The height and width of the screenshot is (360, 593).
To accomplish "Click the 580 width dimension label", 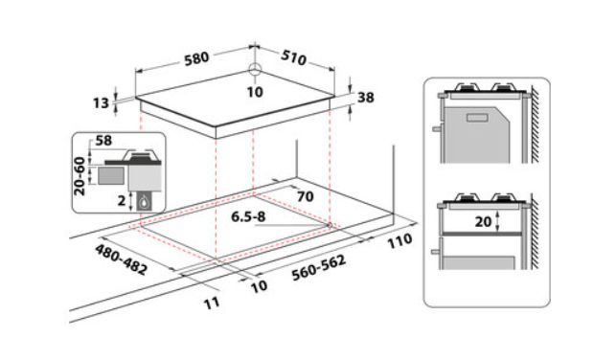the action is click(196, 58).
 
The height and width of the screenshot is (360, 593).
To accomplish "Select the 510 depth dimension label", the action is click(294, 57).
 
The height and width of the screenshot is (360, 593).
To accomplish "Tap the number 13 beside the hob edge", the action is click(101, 102).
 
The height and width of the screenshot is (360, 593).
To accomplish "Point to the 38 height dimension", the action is click(366, 98).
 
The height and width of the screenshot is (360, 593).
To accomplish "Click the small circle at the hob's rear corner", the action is click(255, 69).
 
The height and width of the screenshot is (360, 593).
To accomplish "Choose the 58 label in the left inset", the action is click(103, 141).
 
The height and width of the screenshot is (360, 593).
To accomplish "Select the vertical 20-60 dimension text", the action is click(80, 176).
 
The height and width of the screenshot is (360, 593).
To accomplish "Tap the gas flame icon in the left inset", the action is click(144, 202).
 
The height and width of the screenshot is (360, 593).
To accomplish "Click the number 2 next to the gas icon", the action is click(121, 200).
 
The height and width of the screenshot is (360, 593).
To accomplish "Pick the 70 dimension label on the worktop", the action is click(306, 196).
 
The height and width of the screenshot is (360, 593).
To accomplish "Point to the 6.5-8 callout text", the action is click(248, 216).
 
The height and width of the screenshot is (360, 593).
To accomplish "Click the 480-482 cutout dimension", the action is click(121, 259).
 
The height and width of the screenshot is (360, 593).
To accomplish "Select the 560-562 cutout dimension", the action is click(319, 268).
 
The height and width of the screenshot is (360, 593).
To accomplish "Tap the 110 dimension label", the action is click(399, 241).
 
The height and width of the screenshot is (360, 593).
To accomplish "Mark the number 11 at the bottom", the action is click(212, 303).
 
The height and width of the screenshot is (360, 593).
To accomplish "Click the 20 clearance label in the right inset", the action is click(483, 221).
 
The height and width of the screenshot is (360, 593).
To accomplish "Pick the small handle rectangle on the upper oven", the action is click(478, 118).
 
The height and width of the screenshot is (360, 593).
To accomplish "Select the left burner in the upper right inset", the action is click(467, 88).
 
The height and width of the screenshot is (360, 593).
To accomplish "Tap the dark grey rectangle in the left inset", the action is click(111, 176).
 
